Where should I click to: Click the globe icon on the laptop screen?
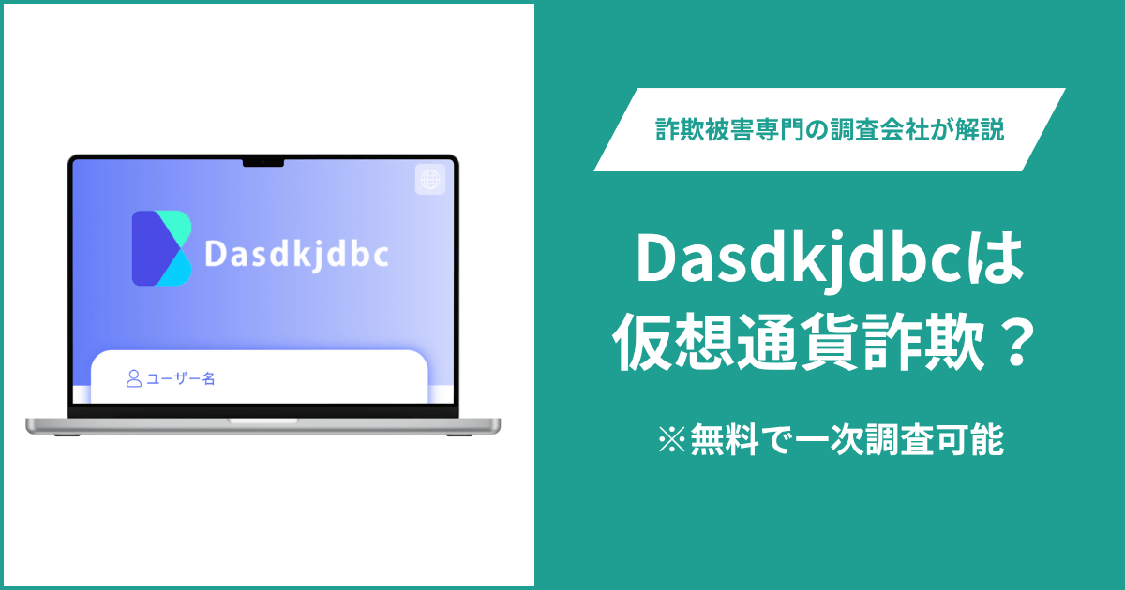pos(430,180)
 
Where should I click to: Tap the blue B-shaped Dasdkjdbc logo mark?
pos(161,248)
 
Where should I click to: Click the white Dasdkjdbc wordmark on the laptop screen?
pos(296,254)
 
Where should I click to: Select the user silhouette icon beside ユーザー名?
pos(134,378)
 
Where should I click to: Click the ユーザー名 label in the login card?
pos(182,379)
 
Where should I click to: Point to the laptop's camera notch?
pos(263,163)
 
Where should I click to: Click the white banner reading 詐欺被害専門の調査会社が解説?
pos(829,130)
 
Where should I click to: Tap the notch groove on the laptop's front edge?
pos(262,421)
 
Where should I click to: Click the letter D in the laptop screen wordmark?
pos(215,255)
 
